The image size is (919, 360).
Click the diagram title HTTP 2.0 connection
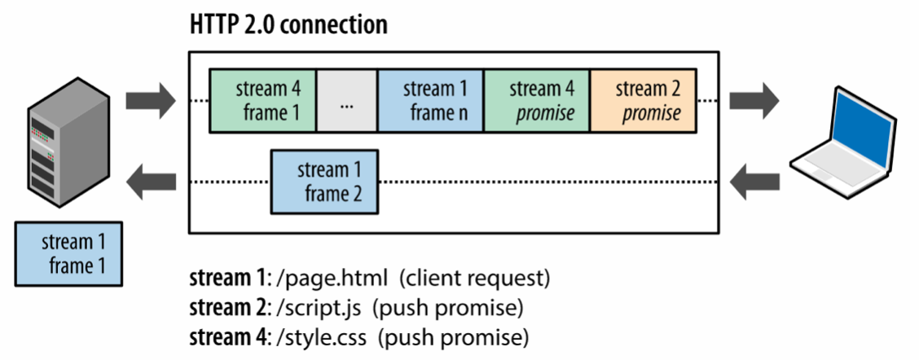pos(288,24)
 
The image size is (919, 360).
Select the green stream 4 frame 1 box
pos(262,101)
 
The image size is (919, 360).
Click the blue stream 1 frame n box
pos(430,101)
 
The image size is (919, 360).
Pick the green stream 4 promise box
pos(536,101)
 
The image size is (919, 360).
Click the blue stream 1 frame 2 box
pos(324,181)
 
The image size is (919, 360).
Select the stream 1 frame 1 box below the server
pos(69,253)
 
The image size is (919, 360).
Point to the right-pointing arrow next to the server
pos(150,101)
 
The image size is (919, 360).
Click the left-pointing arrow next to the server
pos(150,180)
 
